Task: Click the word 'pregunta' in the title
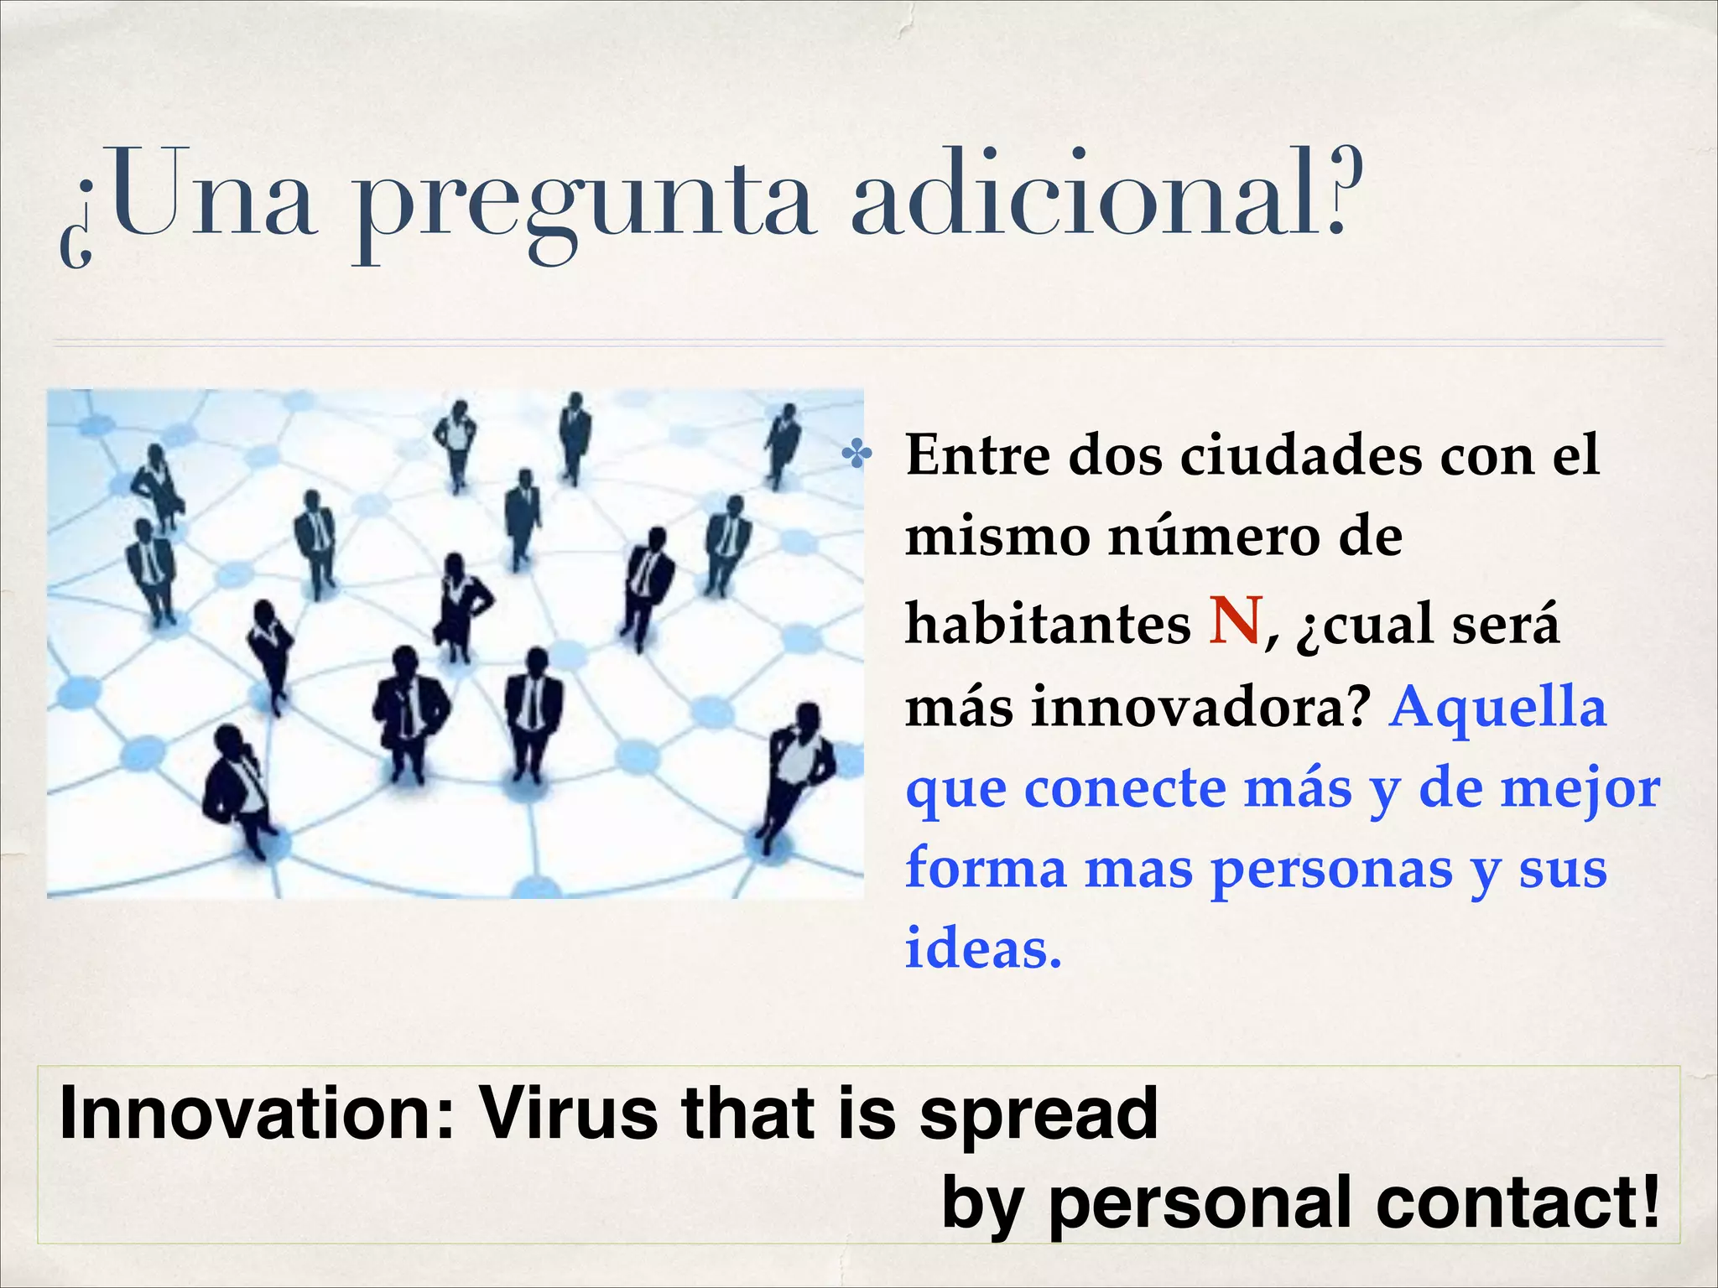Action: click(x=582, y=205)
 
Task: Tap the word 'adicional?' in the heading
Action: click(x=1106, y=197)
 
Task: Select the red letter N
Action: click(x=1236, y=621)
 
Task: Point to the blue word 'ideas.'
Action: click(x=983, y=950)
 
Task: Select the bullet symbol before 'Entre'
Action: click(x=857, y=456)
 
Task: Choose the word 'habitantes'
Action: click(x=1048, y=625)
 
